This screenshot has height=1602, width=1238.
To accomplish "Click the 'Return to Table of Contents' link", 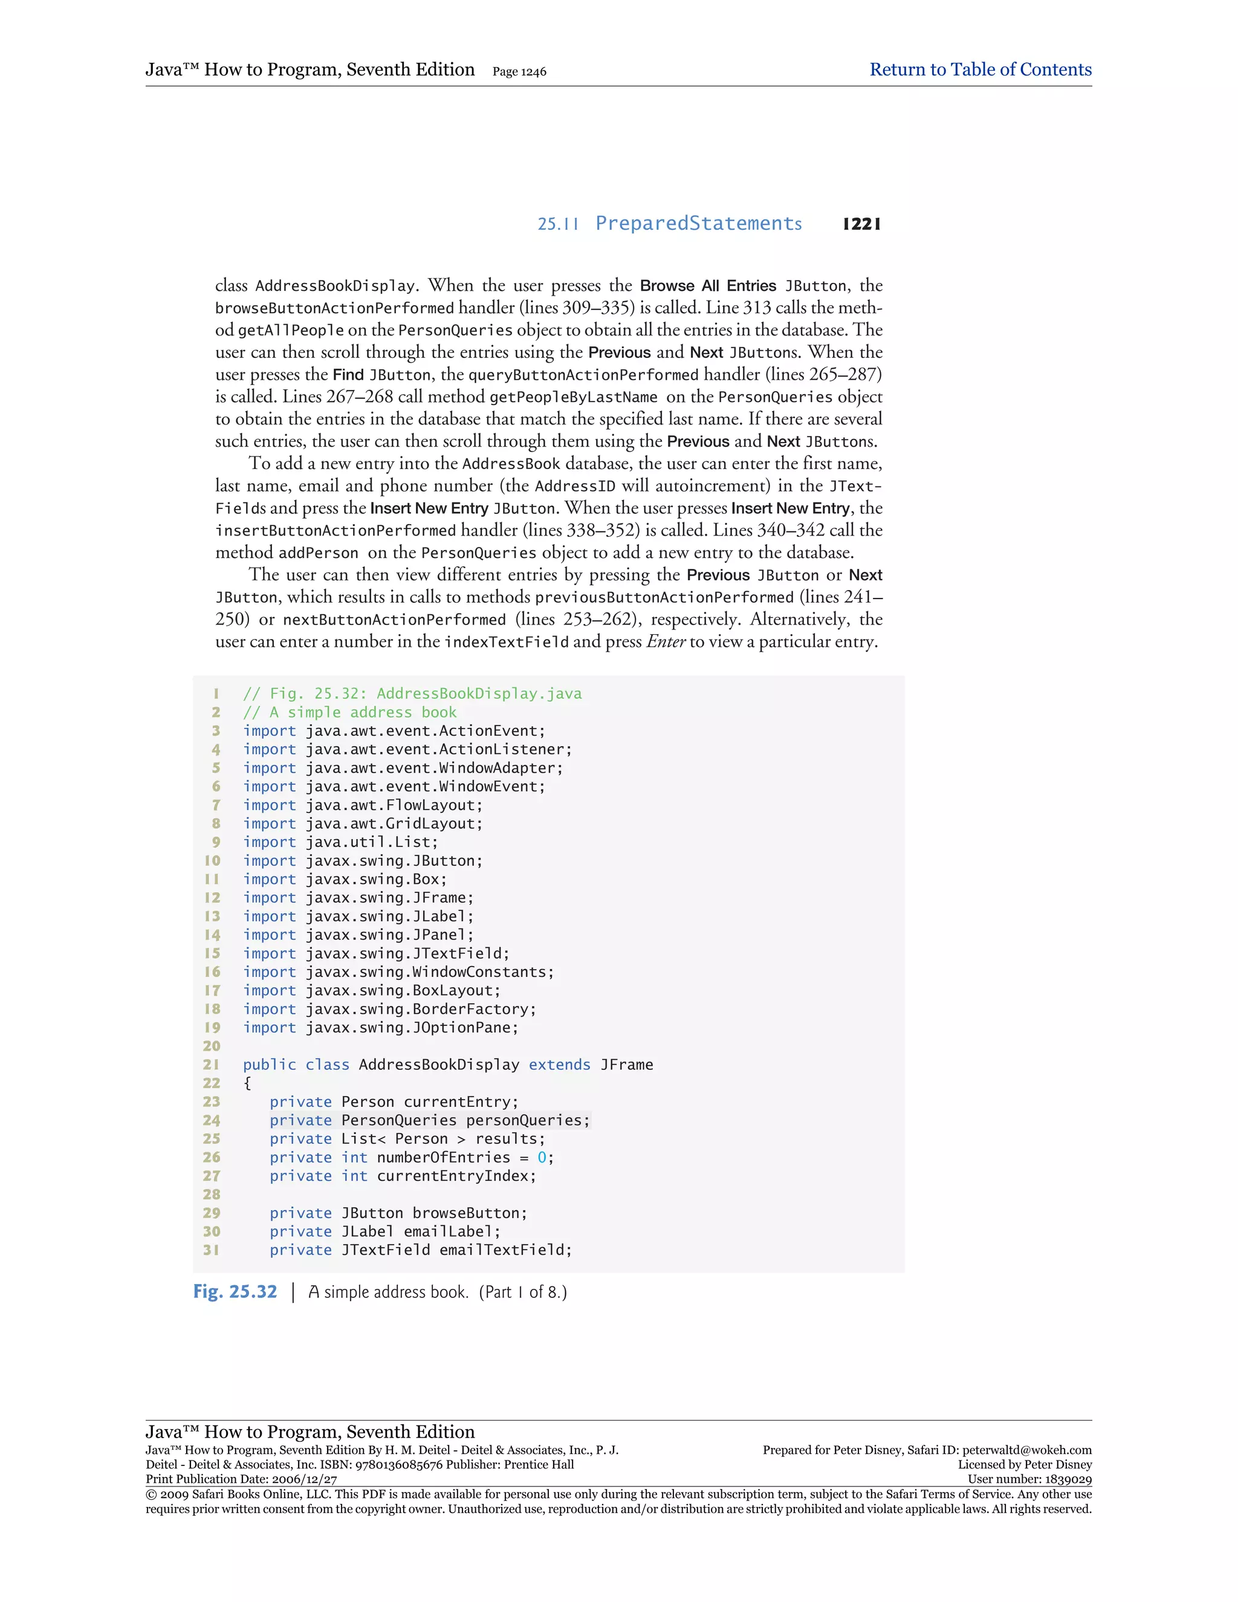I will click(980, 70).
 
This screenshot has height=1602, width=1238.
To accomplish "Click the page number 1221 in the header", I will click(862, 224).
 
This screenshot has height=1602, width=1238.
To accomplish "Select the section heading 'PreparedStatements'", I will click(698, 224).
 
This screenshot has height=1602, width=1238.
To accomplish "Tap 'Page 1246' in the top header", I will click(519, 72).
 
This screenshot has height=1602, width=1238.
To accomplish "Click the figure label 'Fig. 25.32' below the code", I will click(235, 1292).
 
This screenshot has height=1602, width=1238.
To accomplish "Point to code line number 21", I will click(211, 1065).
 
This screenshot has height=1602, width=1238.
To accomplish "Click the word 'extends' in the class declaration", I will click(560, 1065).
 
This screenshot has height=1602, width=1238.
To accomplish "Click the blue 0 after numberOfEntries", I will click(542, 1158).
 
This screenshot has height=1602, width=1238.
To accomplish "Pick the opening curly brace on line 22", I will click(248, 1083).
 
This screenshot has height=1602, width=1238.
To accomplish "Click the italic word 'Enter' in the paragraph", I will click(666, 642).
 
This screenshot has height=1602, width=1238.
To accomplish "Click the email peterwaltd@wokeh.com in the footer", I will click(1027, 1450).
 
